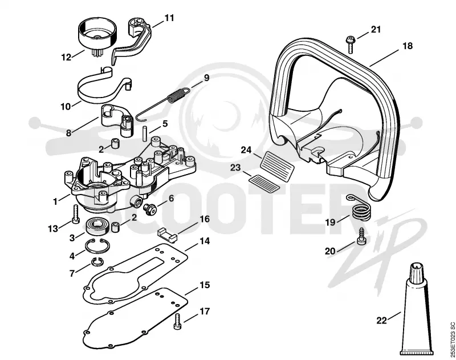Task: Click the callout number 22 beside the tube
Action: [x=381, y=321]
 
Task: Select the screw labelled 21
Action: [x=350, y=45]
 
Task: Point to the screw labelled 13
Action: [x=76, y=214]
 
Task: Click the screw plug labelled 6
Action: [x=150, y=208]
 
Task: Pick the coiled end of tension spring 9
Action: [x=178, y=95]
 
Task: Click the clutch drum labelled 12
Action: [x=97, y=35]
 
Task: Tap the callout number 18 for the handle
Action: [x=408, y=46]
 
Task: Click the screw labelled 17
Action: [x=177, y=322]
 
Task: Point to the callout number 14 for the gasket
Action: [x=205, y=241]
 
